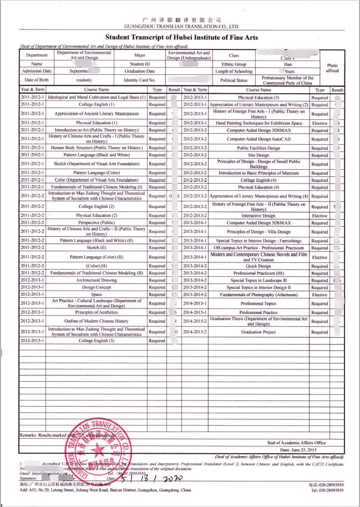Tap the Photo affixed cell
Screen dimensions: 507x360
(x=332, y=68)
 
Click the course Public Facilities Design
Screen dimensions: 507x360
(x=258, y=148)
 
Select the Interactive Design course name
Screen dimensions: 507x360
(x=258, y=216)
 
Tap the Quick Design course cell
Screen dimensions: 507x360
(x=258, y=266)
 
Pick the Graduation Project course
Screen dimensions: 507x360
(x=258, y=332)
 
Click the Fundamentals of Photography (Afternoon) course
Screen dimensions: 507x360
(x=258, y=295)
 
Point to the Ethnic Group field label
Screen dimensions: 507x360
(x=234, y=64)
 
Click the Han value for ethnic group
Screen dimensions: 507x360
(x=288, y=64)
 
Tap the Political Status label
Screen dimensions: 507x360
(x=234, y=80)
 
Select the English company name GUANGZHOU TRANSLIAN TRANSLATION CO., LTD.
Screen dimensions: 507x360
(x=182, y=26)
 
